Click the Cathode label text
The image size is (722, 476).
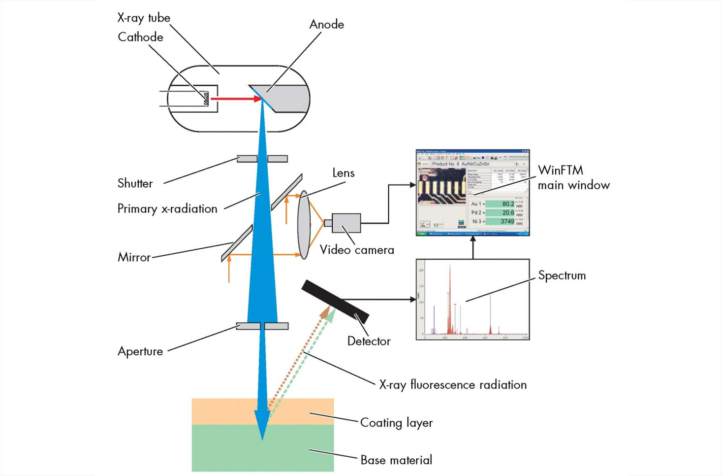click(x=140, y=37)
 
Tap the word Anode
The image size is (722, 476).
click(x=326, y=25)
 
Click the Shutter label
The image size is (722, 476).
click(x=135, y=184)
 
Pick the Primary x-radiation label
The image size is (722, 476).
click(x=167, y=209)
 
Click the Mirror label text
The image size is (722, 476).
click(x=134, y=257)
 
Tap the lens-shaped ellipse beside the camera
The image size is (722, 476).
click(x=304, y=225)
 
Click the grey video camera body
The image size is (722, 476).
click(x=346, y=223)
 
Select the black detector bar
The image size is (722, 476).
click(x=335, y=301)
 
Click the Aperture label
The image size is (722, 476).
click(x=140, y=351)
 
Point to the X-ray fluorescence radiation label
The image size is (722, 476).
click(x=453, y=385)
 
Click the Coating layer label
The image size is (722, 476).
click(x=396, y=423)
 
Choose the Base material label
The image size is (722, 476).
click(x=396, y=460)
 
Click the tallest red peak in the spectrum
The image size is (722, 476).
click(x=449, y=296)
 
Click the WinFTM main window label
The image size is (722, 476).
click(x=573, y=178)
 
